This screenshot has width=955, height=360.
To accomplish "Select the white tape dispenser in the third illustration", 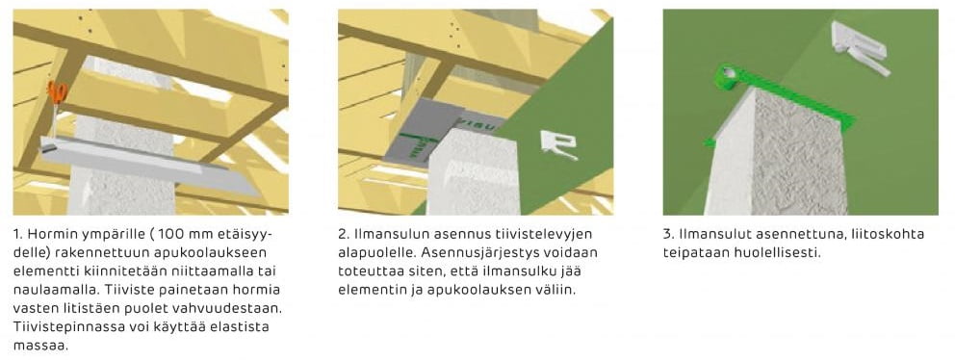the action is (x=860, y=47).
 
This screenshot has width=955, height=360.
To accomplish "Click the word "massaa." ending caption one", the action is (x=36, y=346).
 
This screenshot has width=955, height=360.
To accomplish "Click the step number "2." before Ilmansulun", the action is (x=344, y=235).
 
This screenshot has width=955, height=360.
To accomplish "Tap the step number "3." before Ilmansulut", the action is (x=668, y=235).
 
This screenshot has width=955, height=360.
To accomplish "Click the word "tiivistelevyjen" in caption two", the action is (x=545, y=235).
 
